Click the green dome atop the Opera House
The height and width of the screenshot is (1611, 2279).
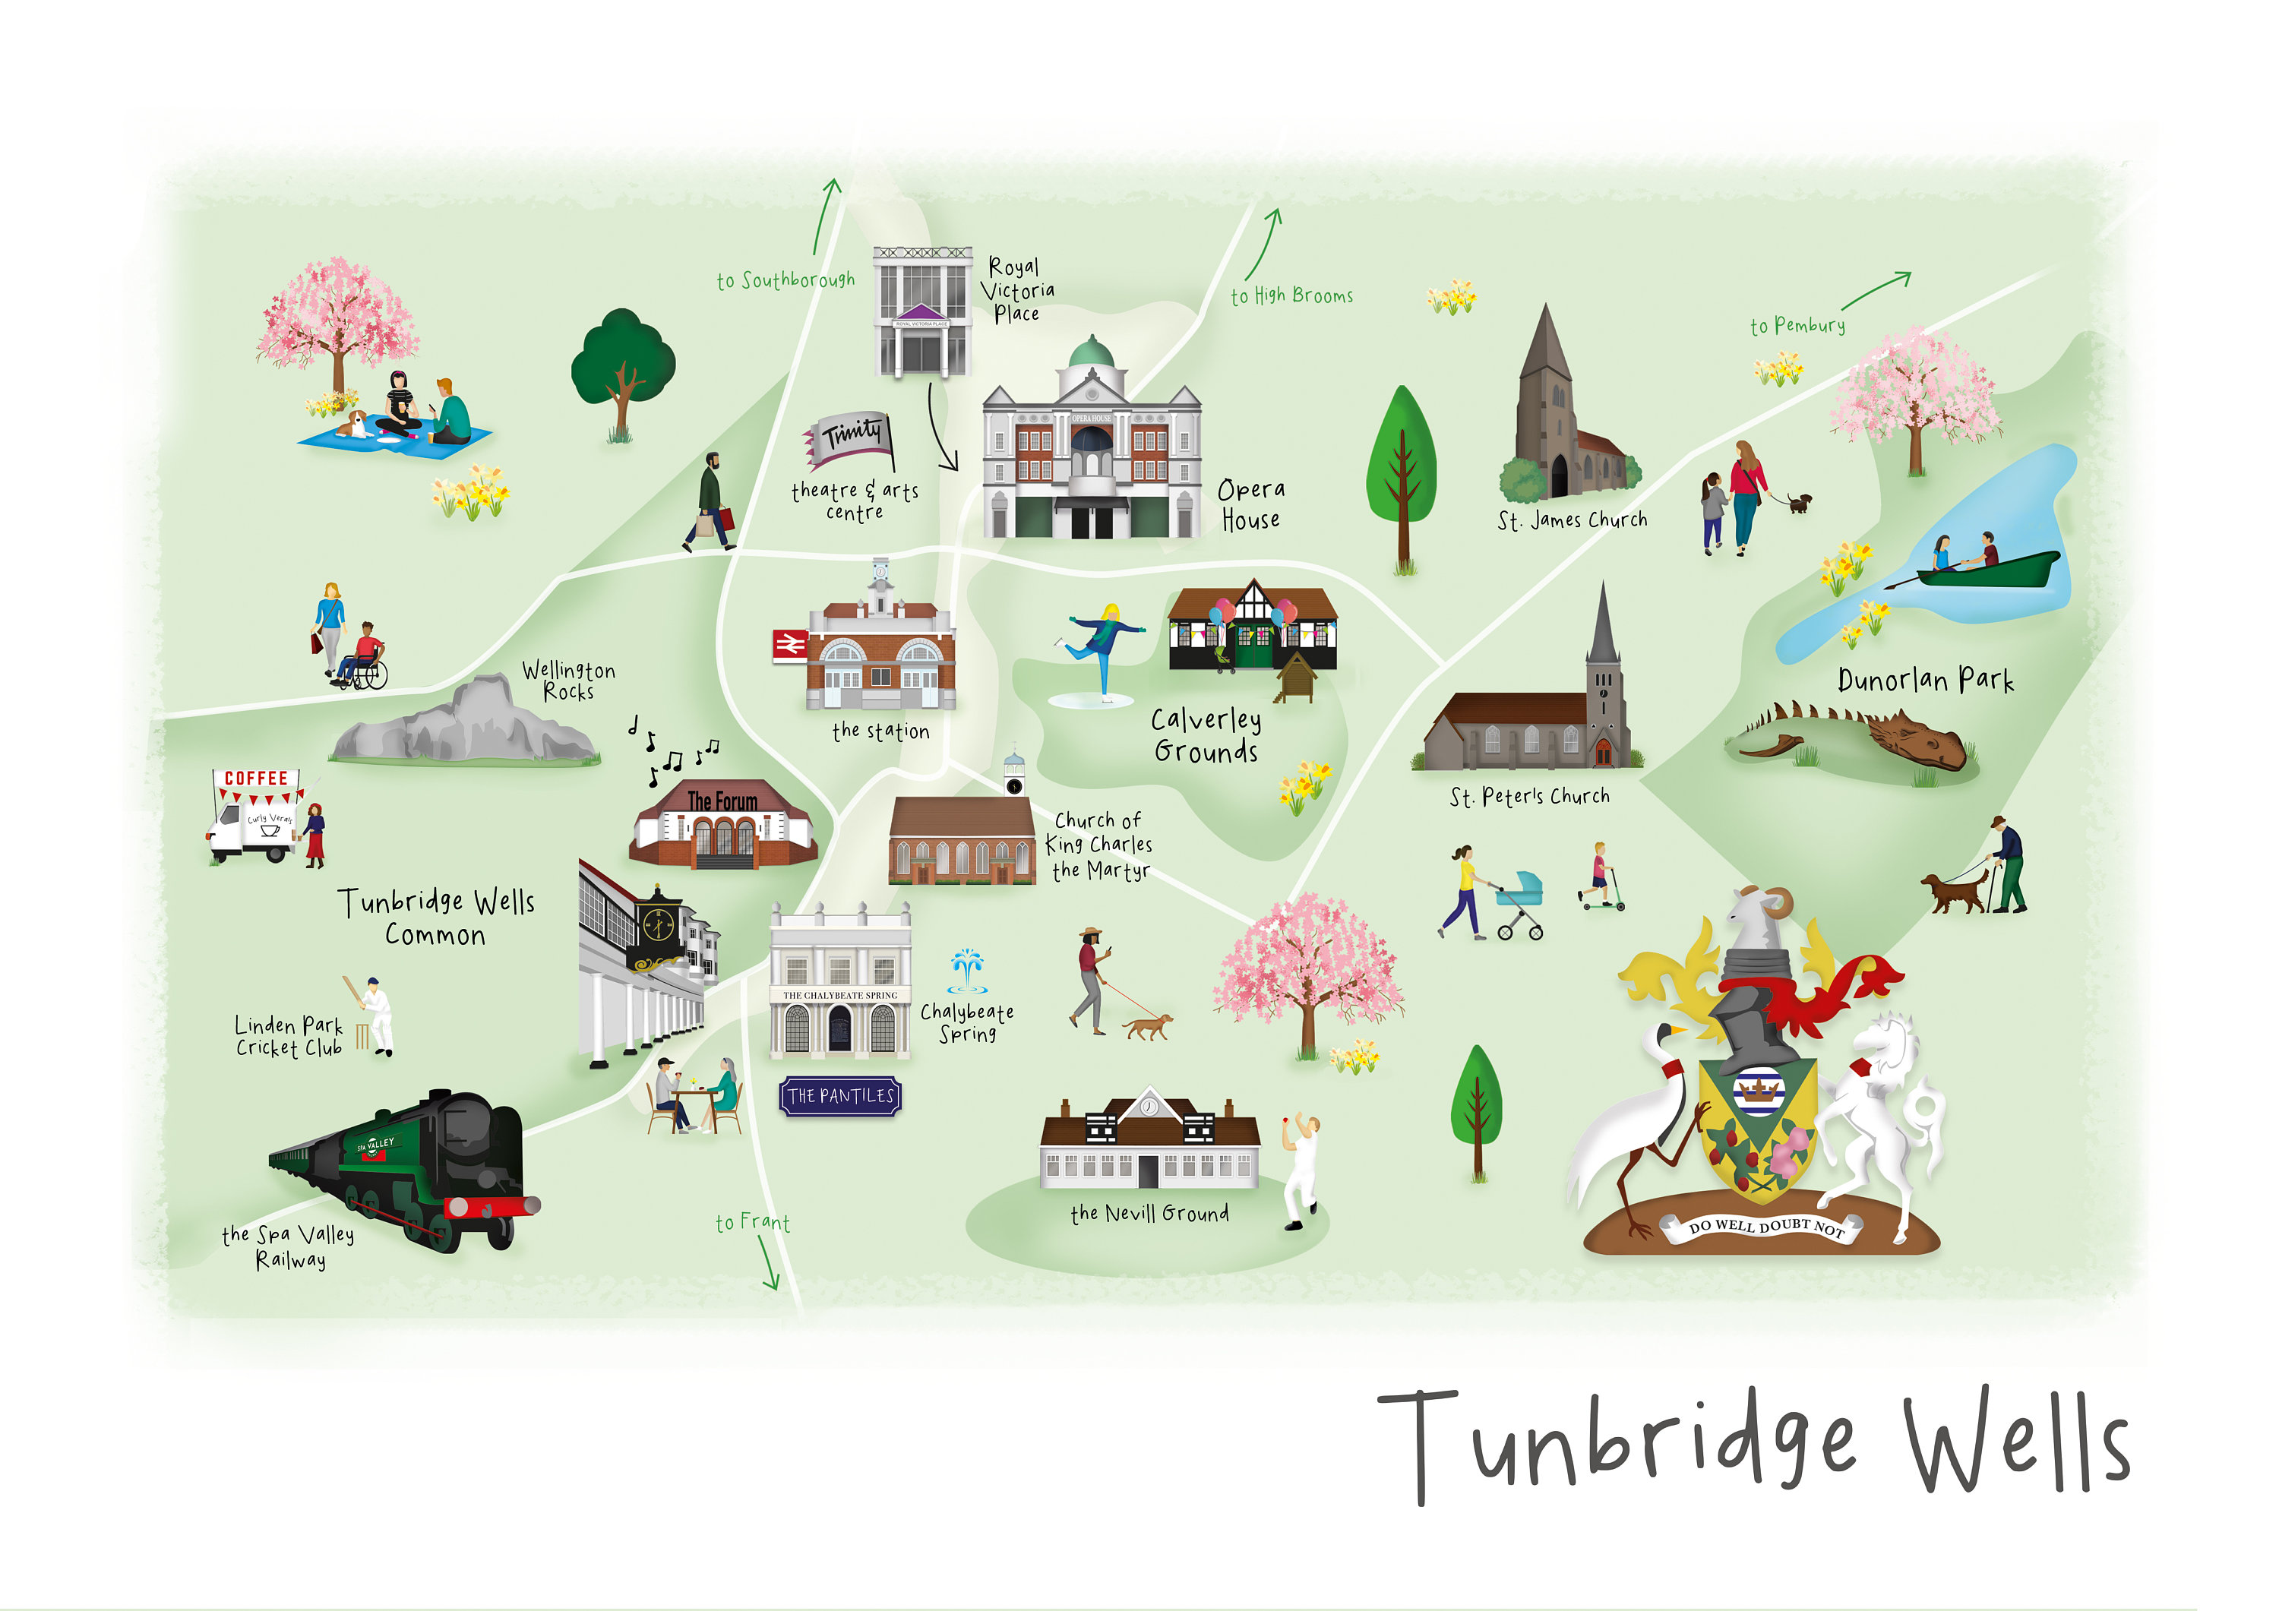(x=1091, y=352)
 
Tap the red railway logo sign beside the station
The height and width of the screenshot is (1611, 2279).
(x=790, y=645)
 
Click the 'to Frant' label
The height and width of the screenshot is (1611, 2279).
(x=752, y=1223)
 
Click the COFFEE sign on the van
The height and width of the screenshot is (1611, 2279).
(x=256, y=779)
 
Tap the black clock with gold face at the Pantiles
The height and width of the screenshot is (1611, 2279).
(x=657, y=926)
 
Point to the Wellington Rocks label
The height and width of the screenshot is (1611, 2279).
(x=569, y=681)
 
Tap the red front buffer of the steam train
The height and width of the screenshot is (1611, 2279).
(x=492, y=1206)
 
